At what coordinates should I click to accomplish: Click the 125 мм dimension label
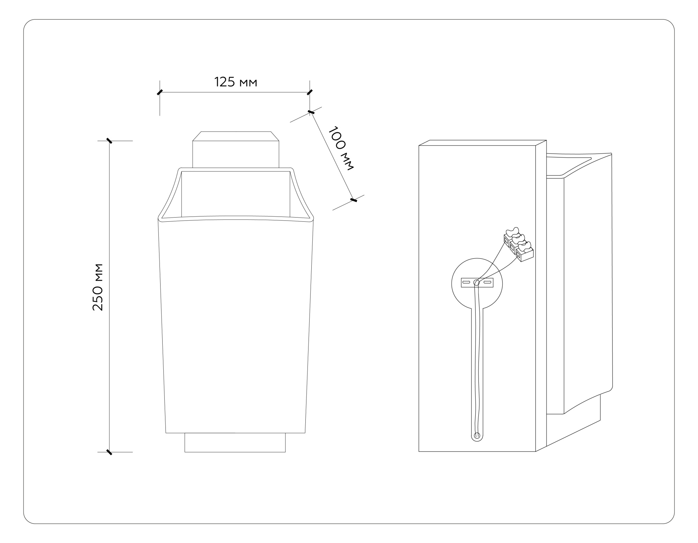236,82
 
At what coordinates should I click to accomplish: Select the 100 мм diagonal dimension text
341,148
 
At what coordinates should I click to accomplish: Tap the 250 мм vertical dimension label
98,287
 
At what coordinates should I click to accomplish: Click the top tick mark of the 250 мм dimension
109,141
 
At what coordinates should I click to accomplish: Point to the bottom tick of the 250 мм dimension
109,452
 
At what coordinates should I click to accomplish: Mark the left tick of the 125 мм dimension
159,92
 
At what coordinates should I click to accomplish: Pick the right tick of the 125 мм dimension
310,92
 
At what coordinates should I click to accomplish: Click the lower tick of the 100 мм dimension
354,200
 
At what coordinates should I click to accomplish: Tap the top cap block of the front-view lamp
236,150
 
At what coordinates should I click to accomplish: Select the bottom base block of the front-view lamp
235,443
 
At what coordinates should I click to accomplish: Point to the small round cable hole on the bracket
476,282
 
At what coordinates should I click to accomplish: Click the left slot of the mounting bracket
466,282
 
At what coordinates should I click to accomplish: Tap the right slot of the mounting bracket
487,282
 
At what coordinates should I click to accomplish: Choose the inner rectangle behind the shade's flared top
236,194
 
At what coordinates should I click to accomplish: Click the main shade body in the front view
236,325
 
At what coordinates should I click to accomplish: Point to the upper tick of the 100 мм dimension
311,112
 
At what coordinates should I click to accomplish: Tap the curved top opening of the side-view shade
576,164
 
